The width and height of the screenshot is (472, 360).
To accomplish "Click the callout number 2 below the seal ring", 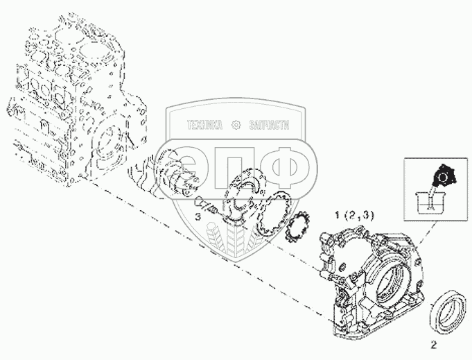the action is click(x=433, y=345).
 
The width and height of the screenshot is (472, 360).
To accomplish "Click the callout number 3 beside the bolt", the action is click(x=198, y=216).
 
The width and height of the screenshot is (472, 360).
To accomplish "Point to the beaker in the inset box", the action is click(x=427, y=201).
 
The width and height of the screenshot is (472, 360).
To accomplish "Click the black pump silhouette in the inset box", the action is click(x=444, y=177).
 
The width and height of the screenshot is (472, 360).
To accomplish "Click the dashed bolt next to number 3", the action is click(x=205, y=205).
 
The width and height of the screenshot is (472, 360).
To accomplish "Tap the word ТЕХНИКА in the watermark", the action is click(x=204, y=125).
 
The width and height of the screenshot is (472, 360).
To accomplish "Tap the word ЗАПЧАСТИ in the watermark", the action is click(x=270, y=125).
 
